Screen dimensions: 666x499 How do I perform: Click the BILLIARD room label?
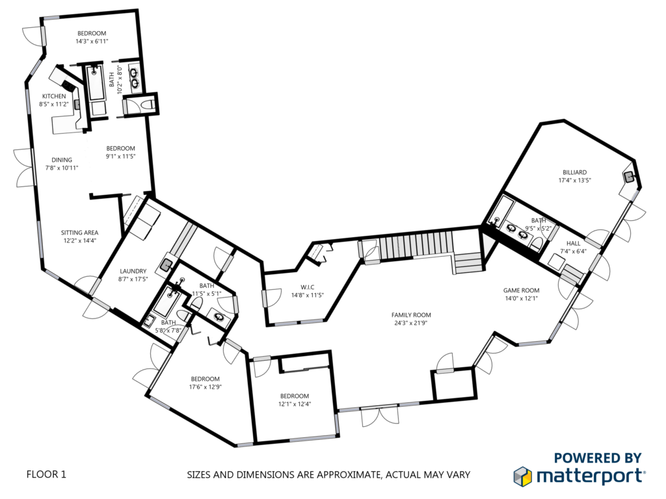coord(574,172)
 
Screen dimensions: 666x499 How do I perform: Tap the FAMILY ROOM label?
coord(411,315)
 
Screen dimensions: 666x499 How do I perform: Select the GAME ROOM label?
coord(521,290)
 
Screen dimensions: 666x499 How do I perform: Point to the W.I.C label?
coord(307,287)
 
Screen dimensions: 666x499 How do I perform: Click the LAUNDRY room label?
coord(133,271)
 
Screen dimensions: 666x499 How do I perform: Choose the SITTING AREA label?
coord(79,233)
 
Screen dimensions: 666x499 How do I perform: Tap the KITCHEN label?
coord(54,96)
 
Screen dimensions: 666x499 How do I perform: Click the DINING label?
coord(62,160)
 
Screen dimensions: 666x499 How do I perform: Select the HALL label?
coord(573,244)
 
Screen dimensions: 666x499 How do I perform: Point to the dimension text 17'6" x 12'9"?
coord(205,387)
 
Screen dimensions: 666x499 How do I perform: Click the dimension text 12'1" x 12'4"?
coord(295,404)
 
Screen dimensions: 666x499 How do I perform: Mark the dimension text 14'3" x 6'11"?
coord(91,41)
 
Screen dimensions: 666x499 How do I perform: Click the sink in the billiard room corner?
coord(629,177)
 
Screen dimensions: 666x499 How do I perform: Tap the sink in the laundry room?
coord(166,266)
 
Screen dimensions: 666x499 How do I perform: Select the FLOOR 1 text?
coord(46,474)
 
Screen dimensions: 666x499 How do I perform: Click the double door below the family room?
coord(379,415)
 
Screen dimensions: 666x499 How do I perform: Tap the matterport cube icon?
coord(522,476)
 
